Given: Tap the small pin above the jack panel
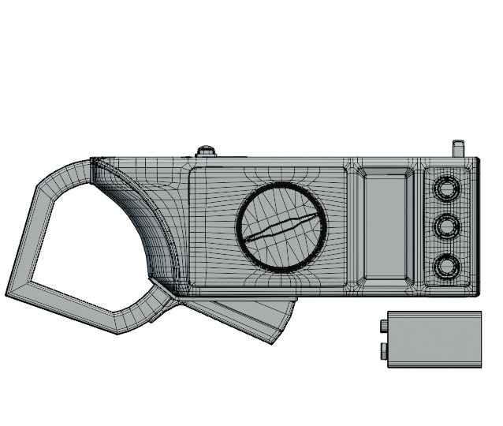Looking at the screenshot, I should click(x=457, y=148).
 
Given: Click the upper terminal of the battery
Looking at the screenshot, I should click(x=382, y=324).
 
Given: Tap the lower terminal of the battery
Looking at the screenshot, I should click(x=382, y=349).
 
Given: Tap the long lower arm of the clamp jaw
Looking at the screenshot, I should click(x=79, y=312).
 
